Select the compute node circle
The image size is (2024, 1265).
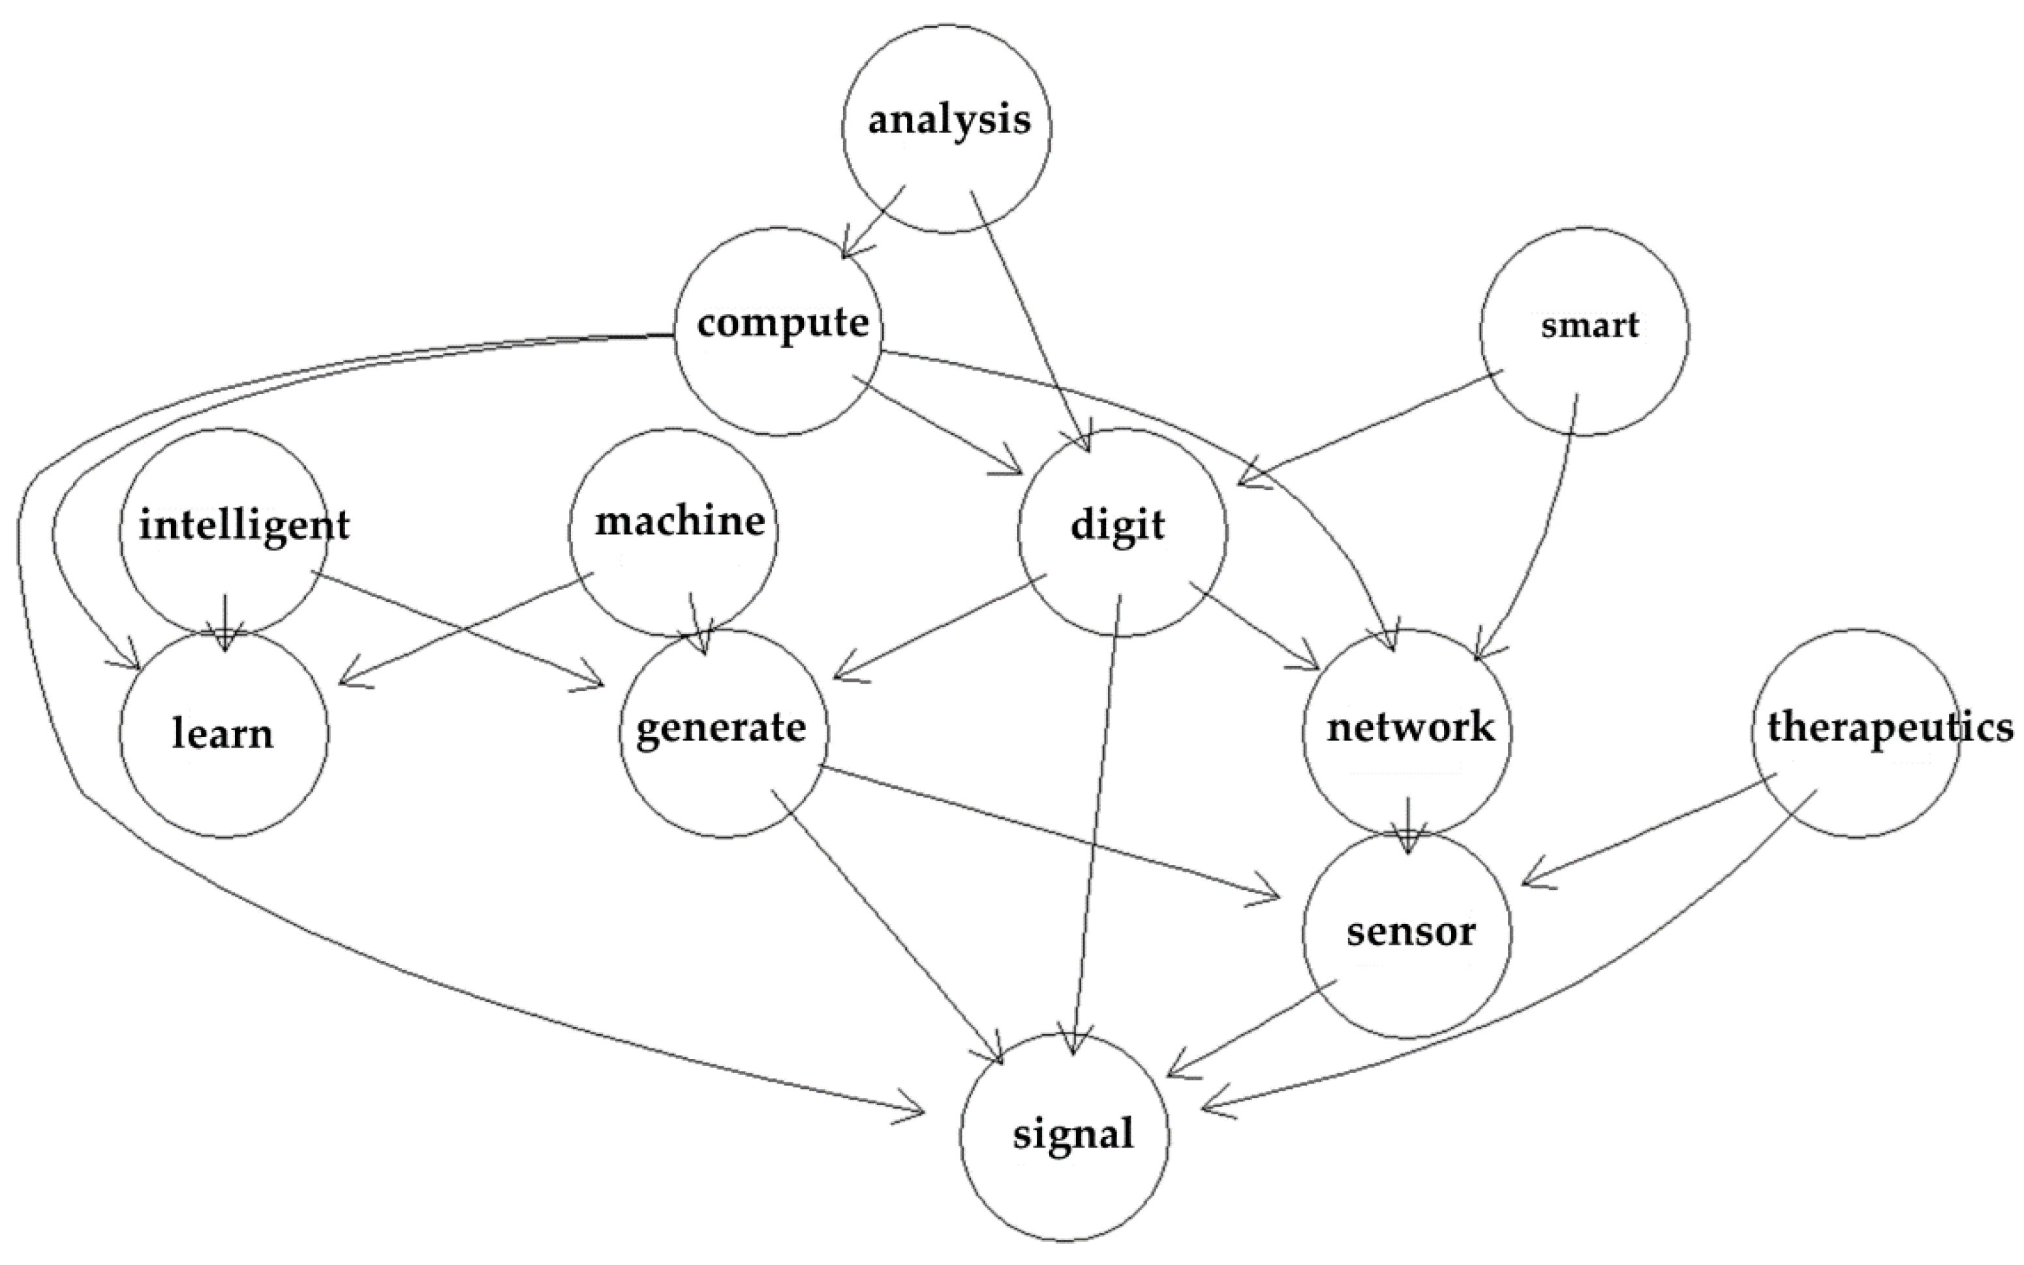click(778, 331)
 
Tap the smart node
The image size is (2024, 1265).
click(1584, 331)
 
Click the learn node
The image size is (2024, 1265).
click(223, 734)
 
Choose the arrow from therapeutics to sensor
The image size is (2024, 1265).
click(1648, 829)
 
